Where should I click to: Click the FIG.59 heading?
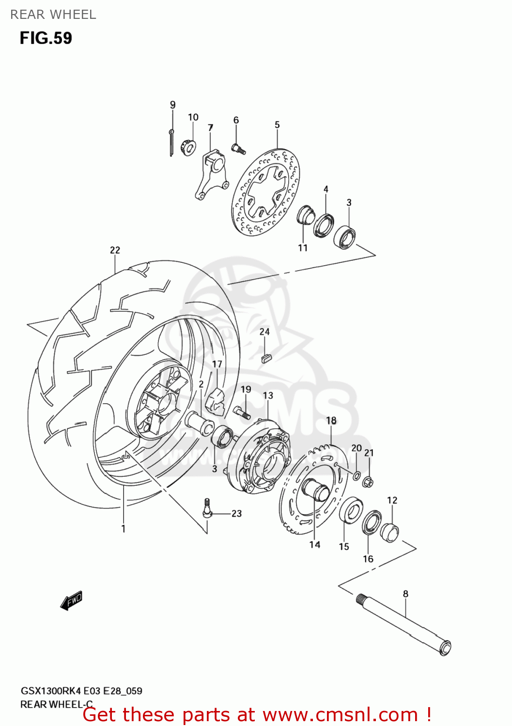click(x=46, y=38)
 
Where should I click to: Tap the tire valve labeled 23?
click(x=207, y=510)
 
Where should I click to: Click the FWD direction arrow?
click(x=72, y=600)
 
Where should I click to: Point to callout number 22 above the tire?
click(x=115, y=250)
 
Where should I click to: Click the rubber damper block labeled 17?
click(x=215, y=401)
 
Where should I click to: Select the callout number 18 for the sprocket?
click(x=331, y=421)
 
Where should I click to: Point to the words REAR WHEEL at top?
click(x=53, y=15)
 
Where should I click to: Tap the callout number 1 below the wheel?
click(x=124, y=529)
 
